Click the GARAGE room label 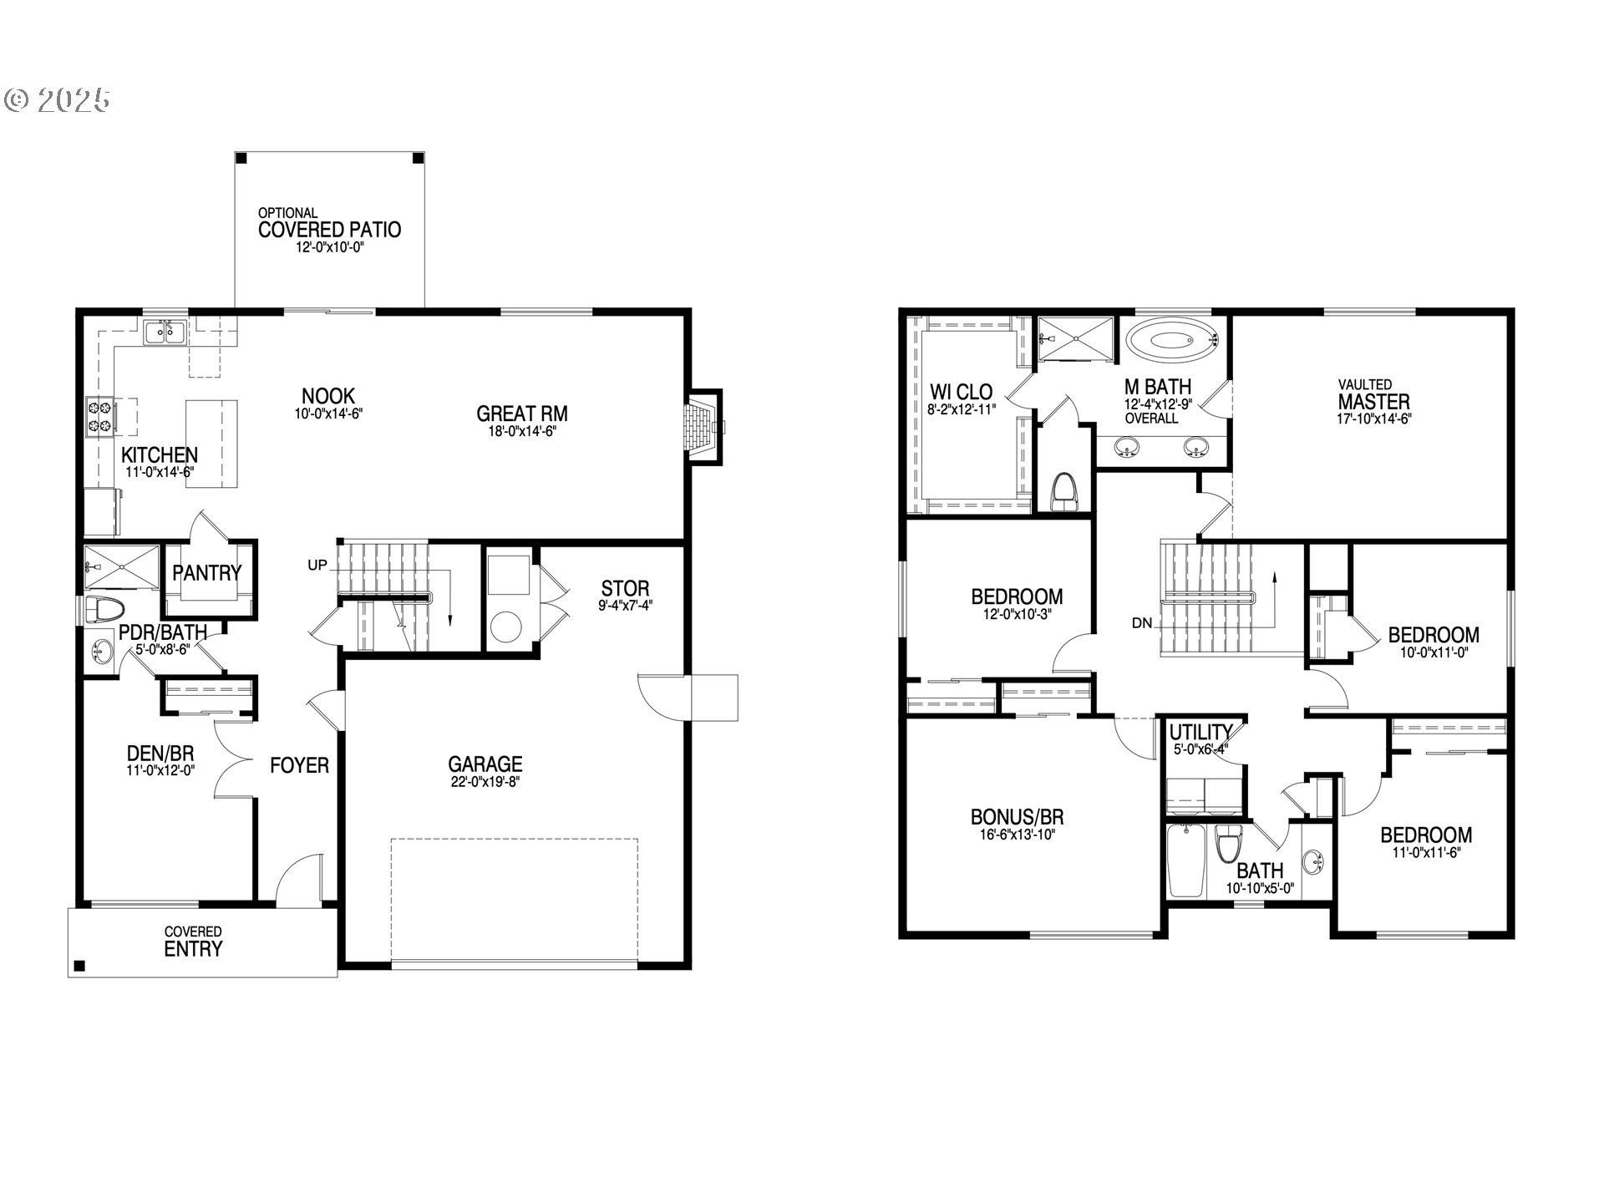(x=485, y=764)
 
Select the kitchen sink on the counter (x=163, y=332)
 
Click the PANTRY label (x=207, y=573)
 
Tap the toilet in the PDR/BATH (x=104, y=609)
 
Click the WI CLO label (x=961, y=392)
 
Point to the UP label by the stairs (x=317, y=566)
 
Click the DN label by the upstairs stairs (x=1142, y=622)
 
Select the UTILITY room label (x=1200, y=733)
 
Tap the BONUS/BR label (x=1017, y=817)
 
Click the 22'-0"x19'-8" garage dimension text (x=485, y=783)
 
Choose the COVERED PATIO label (x=329, y=230)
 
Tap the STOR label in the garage (x=625, y=588)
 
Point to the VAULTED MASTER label (x=1373, y=395)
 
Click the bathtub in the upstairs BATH (x=1185, y=860)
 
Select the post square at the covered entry (x=79, y=967)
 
